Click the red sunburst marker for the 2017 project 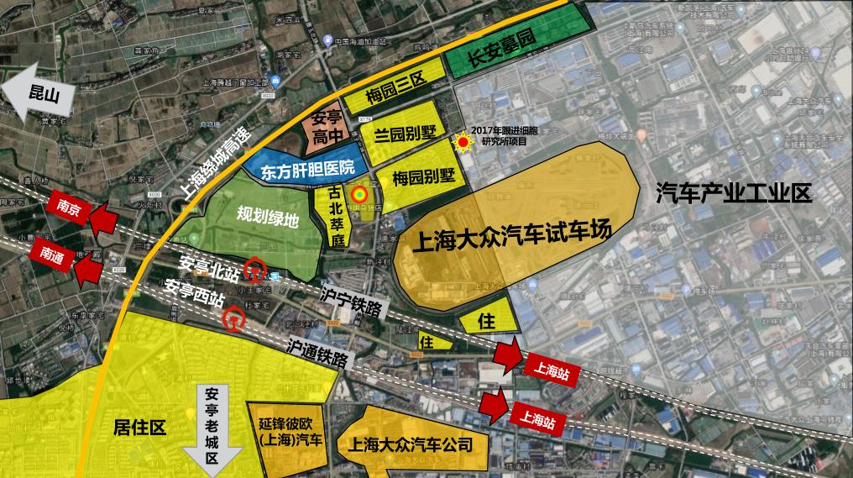coord(462,144)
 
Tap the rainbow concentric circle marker coord(358,195)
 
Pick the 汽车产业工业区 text coord(733,195)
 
